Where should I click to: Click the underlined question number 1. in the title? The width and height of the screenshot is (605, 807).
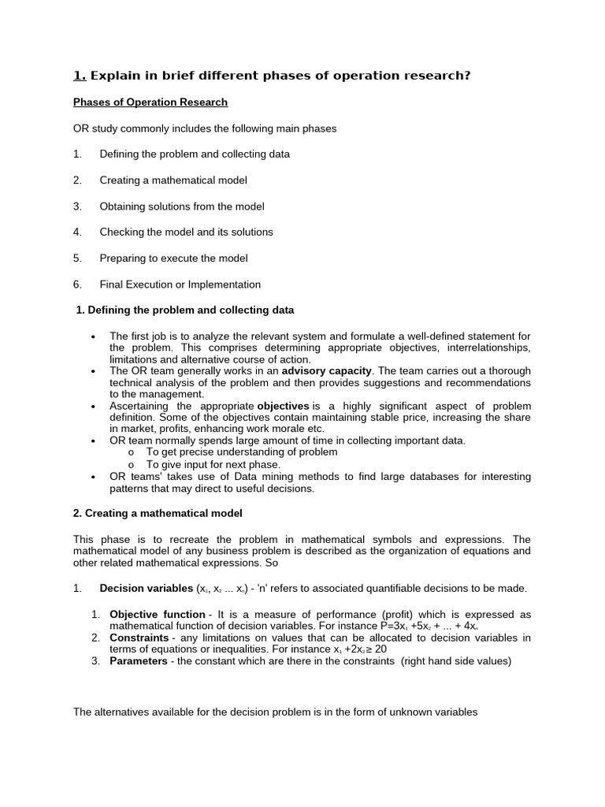(x=80, y=76)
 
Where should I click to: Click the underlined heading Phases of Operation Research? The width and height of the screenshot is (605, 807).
(x=150, y=102)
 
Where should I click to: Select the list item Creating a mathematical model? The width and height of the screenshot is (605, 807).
(x=173, y=180)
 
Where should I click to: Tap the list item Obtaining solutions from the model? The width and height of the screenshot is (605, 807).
(x=181, y=206)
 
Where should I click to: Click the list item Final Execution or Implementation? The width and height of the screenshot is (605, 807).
(x=180, y=284)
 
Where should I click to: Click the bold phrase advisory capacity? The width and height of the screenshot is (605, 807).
(x=326, y=370)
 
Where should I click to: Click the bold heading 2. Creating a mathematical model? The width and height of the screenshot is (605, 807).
(x=158, y=513)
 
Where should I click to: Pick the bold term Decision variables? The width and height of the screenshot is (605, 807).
(x=145, y=589)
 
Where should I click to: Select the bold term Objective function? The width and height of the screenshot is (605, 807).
(x=158, y=615)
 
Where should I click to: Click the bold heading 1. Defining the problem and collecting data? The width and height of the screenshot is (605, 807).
(x=185, y=311)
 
